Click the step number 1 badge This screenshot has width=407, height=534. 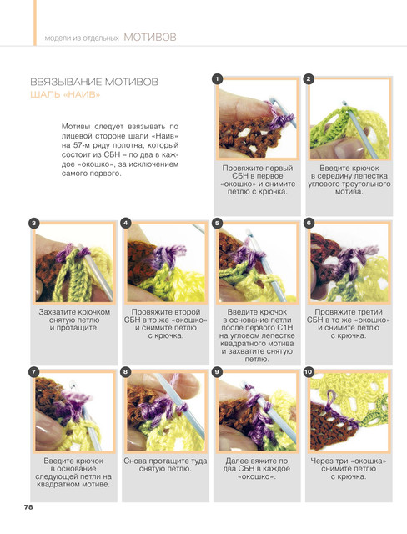217,79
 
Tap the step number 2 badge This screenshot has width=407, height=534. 309,79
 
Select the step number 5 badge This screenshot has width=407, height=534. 217,224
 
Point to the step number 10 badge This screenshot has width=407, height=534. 309,372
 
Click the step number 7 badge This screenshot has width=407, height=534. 33,372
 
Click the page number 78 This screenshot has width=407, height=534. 28,506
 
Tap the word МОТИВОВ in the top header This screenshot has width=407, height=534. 150,37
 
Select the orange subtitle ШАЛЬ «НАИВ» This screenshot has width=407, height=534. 65,94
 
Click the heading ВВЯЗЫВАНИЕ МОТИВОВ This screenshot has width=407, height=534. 94,82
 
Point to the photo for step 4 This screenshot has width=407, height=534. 166,263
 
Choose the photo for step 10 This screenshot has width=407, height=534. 349,411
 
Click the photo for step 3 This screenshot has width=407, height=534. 74,263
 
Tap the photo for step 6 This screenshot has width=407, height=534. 349,263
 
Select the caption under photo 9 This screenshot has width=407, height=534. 257,469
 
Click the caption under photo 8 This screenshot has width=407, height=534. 165,465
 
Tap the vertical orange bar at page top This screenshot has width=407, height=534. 35,23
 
